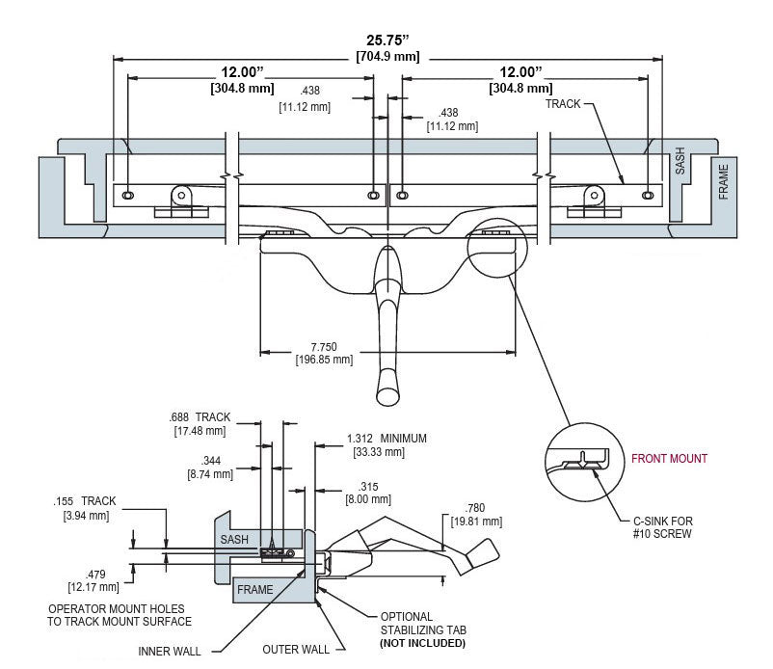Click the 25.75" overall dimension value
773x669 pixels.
[x=387, y=40]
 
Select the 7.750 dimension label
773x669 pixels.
[x=324, y=347]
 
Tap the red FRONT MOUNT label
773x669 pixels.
[x=669, y=459]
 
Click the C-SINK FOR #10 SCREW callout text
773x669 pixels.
[x=662, y=527]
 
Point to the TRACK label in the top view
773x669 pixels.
[x=563, y=104]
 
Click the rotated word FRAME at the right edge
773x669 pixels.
[x=723, y=182]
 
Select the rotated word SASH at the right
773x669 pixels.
[x=680, y=161]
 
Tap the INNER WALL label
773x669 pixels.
[x=169, y=652]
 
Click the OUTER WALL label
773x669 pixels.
[x=296, y=650]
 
